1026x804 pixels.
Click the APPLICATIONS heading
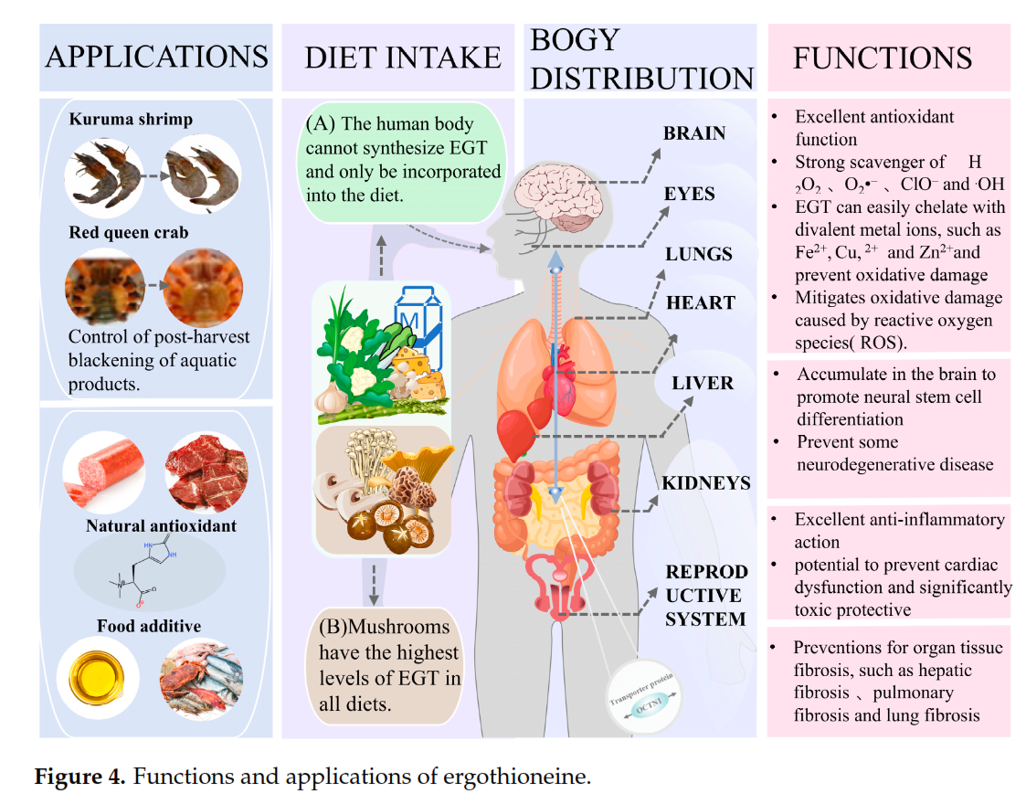156,57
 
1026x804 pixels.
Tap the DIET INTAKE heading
403,58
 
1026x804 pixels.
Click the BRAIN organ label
694,133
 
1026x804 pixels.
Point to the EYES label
690,194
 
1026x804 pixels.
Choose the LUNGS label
698,254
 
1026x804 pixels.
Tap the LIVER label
703,382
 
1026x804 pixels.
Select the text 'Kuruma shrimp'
131,120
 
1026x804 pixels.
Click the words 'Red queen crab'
129,232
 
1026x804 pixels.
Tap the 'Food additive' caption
149,626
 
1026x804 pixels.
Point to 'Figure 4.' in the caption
79,778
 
